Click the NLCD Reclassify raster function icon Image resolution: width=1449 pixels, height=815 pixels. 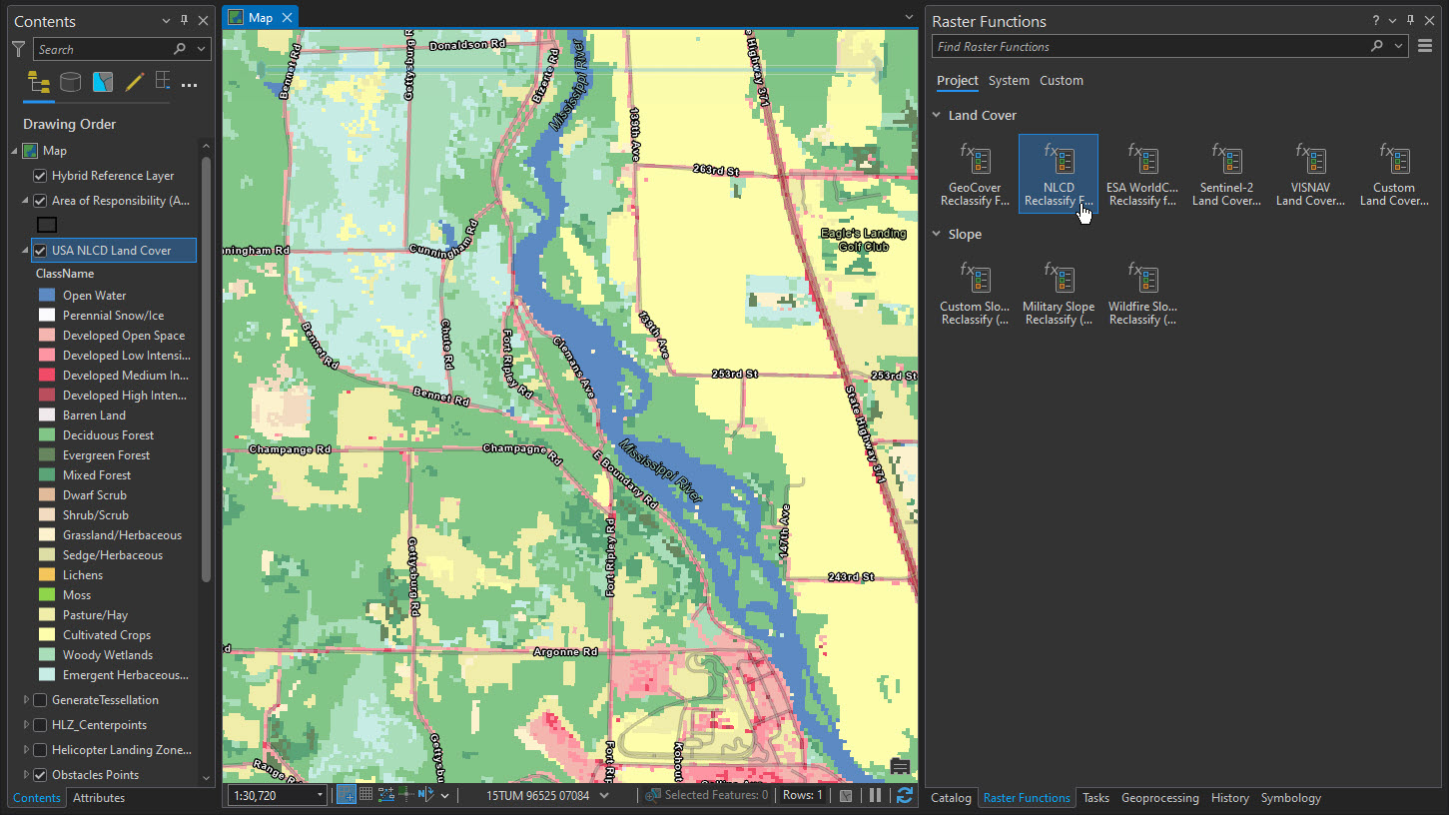1059,161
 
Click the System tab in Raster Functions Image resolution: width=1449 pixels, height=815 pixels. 1009,81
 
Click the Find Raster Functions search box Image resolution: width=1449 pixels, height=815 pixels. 1148,47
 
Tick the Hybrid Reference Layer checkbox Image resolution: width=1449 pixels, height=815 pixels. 40,176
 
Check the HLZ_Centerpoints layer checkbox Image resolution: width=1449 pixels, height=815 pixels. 40,725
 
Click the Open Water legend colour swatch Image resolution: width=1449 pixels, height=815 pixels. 47,296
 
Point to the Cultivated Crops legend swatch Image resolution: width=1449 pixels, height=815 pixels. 47,635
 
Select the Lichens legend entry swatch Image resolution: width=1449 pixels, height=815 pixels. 47,575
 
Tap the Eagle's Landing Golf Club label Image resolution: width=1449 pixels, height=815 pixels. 863,240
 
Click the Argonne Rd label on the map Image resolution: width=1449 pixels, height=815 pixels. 564,651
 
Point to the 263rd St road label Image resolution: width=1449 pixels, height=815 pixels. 717,172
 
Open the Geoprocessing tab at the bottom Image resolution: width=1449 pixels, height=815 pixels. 1159,798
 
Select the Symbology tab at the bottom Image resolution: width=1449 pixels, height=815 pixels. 1290,798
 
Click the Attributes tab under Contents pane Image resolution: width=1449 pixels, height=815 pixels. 99,798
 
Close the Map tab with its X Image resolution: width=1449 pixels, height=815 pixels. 287,18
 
